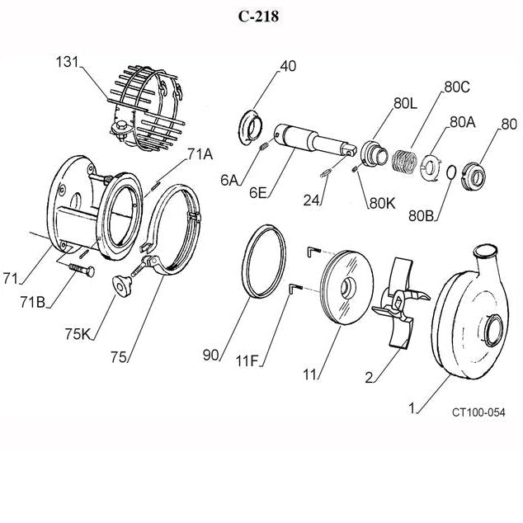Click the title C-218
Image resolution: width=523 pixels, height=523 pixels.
261,17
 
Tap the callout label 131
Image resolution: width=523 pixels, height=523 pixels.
68,62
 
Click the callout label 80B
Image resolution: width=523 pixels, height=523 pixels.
422,216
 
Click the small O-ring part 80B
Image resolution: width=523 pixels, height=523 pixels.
449,172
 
